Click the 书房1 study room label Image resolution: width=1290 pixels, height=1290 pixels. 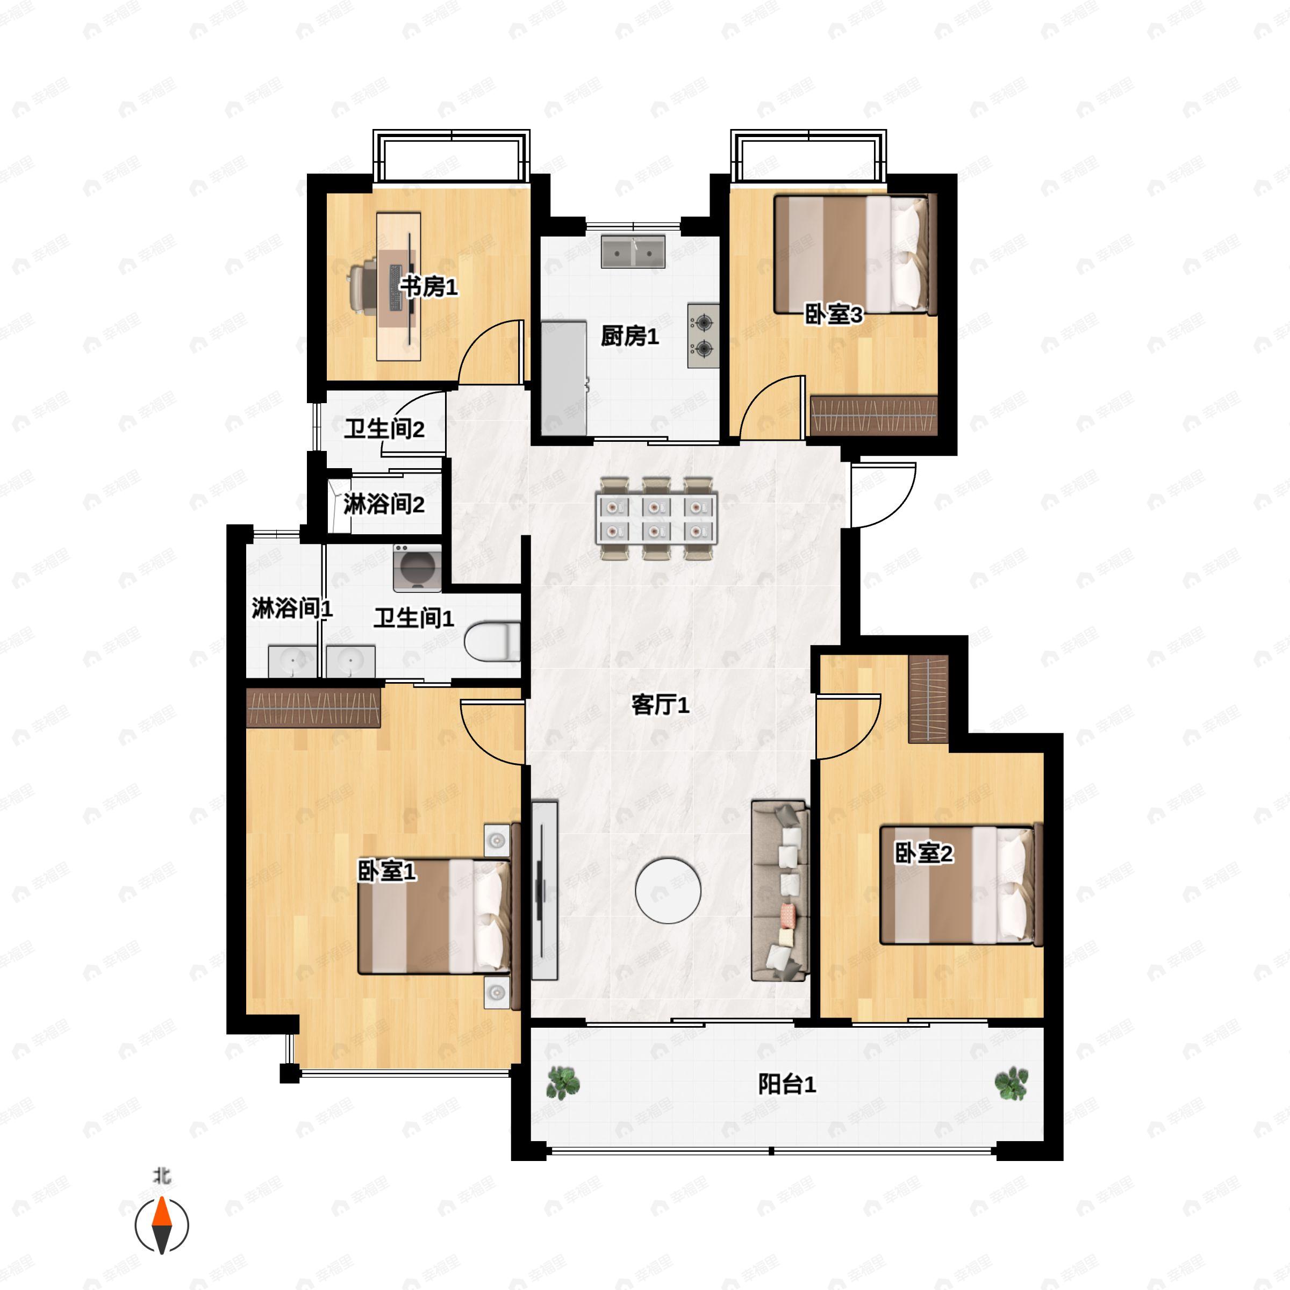pos(429,287)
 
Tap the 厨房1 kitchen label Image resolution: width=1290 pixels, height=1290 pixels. pos(629,336)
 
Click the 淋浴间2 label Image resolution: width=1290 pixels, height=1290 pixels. pos(384,504)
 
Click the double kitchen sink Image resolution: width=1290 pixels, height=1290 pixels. pos(633,251)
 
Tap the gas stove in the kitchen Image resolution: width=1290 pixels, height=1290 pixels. pos(703,336)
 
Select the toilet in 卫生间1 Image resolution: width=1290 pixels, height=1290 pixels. pos(492,641)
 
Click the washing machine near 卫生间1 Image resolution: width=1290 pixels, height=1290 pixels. pos(417,568)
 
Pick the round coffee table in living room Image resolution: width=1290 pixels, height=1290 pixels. pos(668,891)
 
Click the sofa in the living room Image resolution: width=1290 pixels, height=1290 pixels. pos(780,891)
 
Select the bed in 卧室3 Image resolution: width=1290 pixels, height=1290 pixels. pos(855,254)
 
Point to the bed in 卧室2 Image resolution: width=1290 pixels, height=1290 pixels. pos(961,885)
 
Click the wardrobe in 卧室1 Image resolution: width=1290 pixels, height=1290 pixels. pos(313,708)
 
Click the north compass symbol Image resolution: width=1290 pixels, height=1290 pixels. pos(162,1224)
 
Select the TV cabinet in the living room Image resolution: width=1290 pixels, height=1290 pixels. pos(544,891)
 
